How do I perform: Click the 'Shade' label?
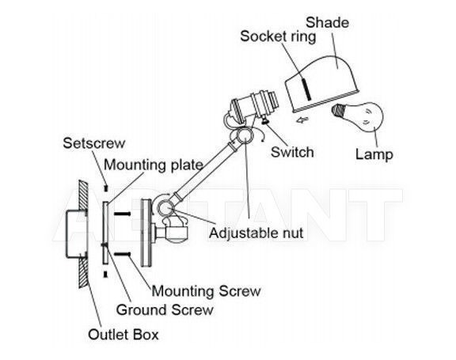coord(327,23)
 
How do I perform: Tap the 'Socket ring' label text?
coord(278,37)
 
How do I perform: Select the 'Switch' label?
coord(292,152)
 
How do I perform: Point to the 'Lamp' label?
coord(374,154)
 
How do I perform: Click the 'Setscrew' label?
coord(94,143)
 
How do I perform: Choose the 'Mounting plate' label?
coord(154,165)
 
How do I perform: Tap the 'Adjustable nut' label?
coord(256,233)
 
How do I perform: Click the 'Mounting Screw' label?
coord(206,291)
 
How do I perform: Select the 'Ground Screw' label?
coord(165,310)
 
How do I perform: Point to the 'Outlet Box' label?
coord(123,335)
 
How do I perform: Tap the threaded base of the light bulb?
coord(338,111)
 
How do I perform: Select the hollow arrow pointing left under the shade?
coord(302,119)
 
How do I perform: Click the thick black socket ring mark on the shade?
coord(305,89)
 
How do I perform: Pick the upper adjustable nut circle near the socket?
coord(245,135)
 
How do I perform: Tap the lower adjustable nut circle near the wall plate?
coord(165,207)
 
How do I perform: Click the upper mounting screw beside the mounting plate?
coord(123,214)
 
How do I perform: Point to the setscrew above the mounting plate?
coord(106,188)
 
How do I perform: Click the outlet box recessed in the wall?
coord(76,234)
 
